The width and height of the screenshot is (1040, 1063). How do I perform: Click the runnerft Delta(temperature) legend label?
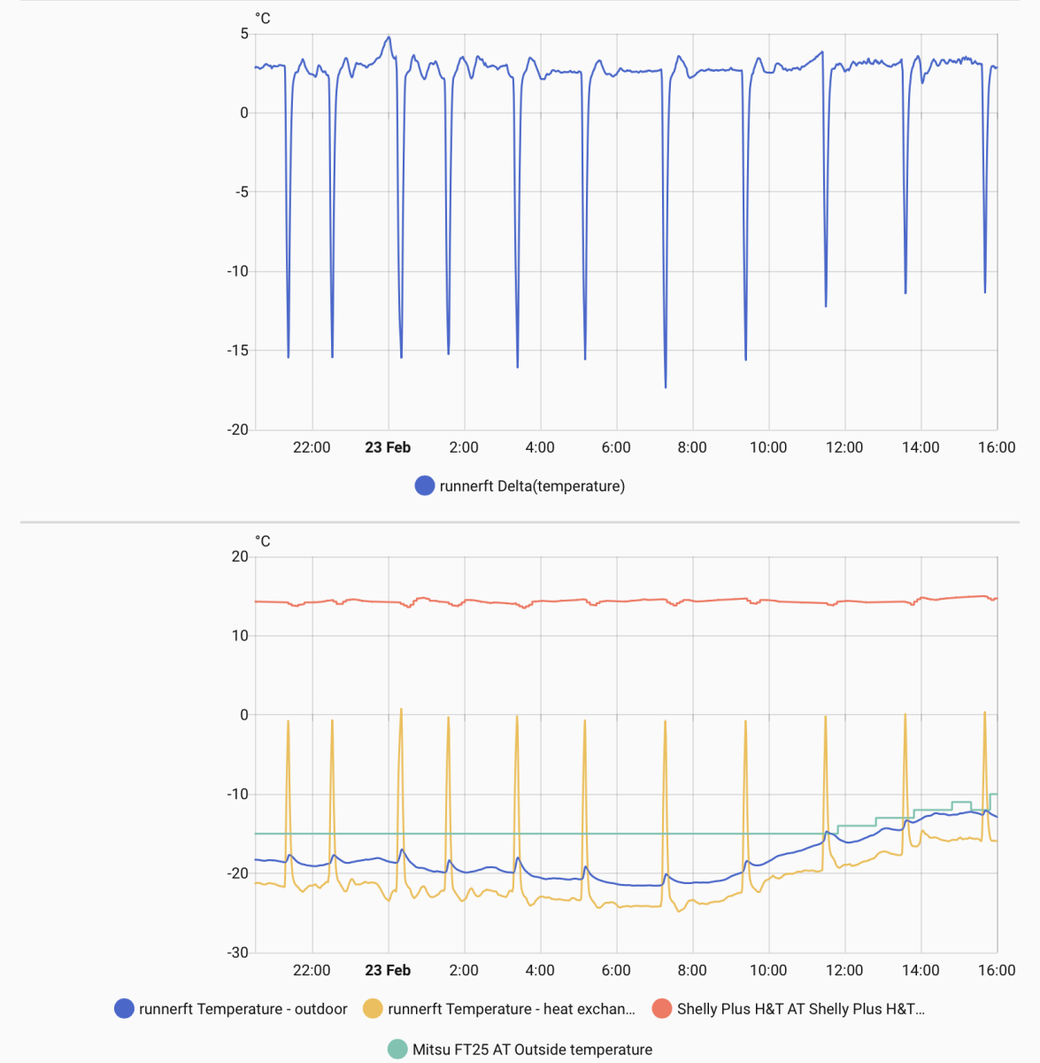pos(532,485)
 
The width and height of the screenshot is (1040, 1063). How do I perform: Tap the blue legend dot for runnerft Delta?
pos(425,485)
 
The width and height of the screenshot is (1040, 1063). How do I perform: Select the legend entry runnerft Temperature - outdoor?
pos(243,1009)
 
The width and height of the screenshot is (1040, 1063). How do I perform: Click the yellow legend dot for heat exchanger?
pos(374,1009)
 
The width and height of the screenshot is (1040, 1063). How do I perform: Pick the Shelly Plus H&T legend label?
pos(800,1009)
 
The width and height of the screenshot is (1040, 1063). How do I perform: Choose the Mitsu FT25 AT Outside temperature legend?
pos(532,1050)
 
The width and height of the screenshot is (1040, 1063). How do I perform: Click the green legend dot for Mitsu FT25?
pos(398,1050)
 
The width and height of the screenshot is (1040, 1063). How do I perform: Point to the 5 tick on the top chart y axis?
pos(244,34)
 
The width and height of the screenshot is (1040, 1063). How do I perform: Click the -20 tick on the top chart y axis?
pos(238,430)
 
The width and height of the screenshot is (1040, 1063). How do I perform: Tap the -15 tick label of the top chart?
pos(238,351)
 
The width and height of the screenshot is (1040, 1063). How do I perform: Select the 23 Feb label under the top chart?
pos(388,447)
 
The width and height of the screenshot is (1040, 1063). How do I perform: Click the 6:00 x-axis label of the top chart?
pos(616,447)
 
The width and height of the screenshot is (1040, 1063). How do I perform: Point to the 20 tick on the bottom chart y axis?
pos(240,556)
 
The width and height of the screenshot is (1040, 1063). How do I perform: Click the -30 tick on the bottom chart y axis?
pos(238,953)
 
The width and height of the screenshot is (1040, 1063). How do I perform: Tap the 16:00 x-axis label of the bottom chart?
pos(997,970)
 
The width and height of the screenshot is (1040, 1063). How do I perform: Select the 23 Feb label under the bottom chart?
pos(388,970)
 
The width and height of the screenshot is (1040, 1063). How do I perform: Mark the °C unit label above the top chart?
pos(263,18)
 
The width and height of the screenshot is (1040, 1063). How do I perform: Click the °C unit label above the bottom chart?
pos(263,541)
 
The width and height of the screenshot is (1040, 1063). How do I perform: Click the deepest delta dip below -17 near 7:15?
pos(666,386)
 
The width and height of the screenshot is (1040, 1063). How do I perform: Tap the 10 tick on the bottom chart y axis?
pos(240,636)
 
